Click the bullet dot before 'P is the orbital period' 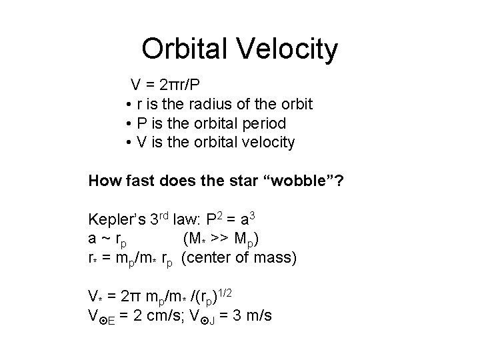point(127,124)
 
